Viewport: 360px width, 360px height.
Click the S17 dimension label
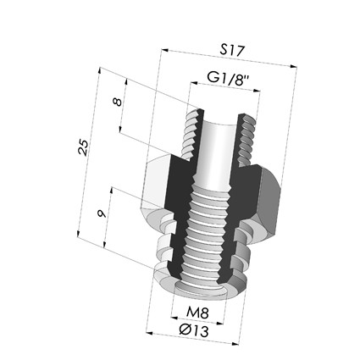coord(231,50)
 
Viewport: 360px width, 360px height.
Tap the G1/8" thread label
coord(228,79)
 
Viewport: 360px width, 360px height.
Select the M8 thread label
coord(197,313)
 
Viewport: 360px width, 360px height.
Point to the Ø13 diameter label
coord(194,330)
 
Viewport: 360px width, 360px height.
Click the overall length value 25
coord(83,147)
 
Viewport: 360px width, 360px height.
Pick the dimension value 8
coord(117,102)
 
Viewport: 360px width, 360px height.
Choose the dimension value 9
coord(102,213)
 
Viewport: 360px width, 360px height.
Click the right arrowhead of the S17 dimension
coord(294,67)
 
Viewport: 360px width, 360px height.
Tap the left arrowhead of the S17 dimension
coord(164,51)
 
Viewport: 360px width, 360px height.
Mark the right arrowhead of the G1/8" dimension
coord(257,91)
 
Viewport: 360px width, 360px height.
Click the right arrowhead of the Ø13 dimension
coord(235,343)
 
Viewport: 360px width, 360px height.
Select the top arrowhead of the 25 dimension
coord(99,70)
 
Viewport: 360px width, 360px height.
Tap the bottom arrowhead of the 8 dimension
coord(120,129)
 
